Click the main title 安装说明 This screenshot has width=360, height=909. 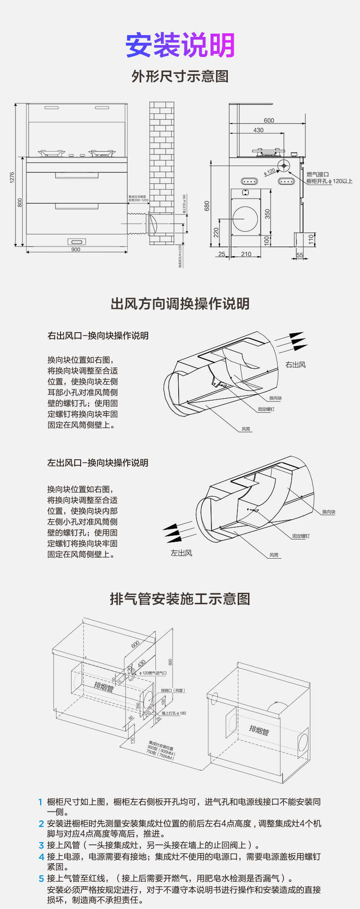click(x=180, y=45)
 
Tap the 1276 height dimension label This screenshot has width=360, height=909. click(x=12, y=177)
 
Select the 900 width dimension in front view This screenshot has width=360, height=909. click(x=76, y=249)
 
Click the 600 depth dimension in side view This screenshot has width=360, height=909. click(x=269, y=120)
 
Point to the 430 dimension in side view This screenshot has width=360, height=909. click(x=258, y=130)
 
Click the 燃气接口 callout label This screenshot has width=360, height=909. click(x=317, y=174)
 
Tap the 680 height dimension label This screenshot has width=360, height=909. click(x=206, y=206)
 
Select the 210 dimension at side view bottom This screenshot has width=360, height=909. click(x=246, y=254)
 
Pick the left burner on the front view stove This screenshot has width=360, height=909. click(x=51, y=153)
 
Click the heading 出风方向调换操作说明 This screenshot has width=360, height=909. click(x=180, y=303)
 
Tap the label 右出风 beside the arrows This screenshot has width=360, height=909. click(x=295, y=365)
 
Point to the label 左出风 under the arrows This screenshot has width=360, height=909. click(x=181, y=553)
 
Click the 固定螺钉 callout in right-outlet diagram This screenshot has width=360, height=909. click(x=266, y=409)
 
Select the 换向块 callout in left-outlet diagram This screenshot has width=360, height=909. click(x=328, y=512)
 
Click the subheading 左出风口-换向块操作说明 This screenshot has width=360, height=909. click(x=98, y=462)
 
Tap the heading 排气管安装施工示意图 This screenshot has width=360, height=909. click(x=180, y=599)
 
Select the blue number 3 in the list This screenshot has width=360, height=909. click(x=41, y=845)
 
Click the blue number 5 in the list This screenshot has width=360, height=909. click(x=41, y=878)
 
